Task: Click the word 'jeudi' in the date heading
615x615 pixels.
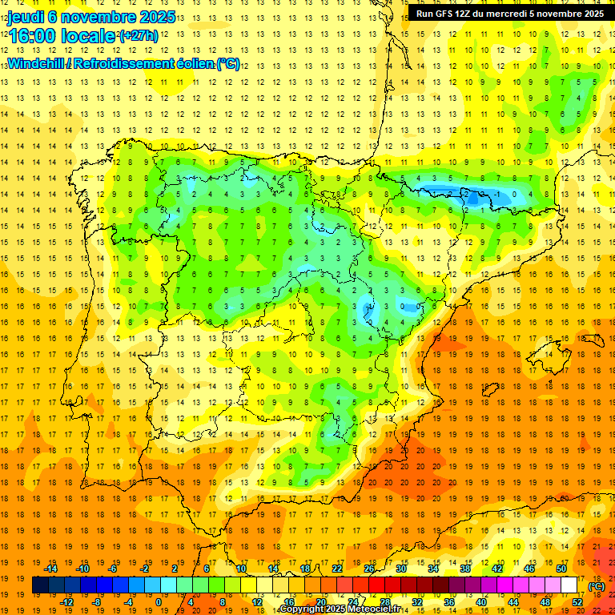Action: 26,18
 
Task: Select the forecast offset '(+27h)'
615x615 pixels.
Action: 139,36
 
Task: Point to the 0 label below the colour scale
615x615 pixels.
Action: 159,602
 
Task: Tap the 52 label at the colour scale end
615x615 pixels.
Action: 577,602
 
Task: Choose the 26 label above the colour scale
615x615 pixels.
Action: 368,569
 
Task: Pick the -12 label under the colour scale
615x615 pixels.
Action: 66,602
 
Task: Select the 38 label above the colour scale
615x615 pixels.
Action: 464,569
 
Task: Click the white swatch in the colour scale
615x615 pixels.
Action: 569,585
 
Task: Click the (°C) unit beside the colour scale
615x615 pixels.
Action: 597,585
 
